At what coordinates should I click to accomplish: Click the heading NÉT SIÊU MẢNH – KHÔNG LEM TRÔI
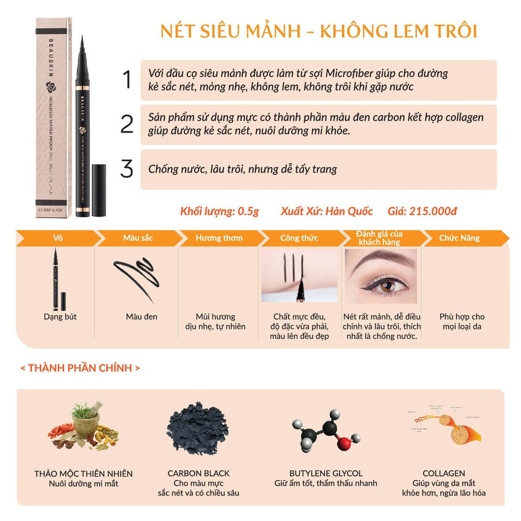click(319, 31)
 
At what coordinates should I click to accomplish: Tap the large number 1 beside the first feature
click(127, 80)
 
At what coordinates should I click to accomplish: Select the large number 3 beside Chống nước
click(127, 169)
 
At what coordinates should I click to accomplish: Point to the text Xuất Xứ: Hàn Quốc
click(327, 211)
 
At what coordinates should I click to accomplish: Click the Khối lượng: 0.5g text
click(219, 211)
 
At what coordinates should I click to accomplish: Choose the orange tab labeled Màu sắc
click(138, 238)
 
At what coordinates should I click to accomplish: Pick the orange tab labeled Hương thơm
click(219, 238)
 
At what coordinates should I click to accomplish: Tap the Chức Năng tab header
click(459, 238)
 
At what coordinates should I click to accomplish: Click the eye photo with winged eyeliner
click(381, 276)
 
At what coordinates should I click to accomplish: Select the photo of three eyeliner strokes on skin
click(299, 276)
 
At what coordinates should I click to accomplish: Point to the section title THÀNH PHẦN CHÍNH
click(80, 368)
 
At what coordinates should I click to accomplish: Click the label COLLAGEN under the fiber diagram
click(444, 473)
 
